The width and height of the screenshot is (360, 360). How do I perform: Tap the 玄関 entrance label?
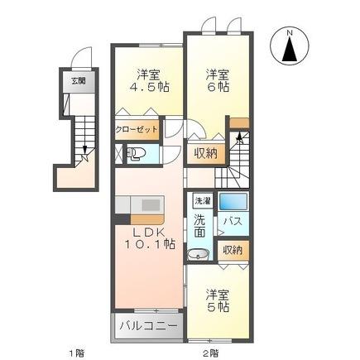tap(77, 80)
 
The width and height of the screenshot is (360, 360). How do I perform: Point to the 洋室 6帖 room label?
tap(217, 79)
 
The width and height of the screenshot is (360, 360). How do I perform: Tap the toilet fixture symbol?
tap(137, 152)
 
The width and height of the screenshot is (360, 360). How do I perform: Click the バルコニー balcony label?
tap(147, 325)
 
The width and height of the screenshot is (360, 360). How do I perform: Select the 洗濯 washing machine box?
tap(202, 201)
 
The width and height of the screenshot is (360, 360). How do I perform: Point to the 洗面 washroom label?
tap(200, 227)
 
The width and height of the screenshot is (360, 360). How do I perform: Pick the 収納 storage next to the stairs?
tap(206, 152)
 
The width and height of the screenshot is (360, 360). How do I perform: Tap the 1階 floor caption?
tap(75, 352)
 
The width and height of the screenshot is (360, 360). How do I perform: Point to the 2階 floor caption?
tap(210, 352)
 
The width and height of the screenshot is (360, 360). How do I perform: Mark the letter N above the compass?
tap(290, 32)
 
